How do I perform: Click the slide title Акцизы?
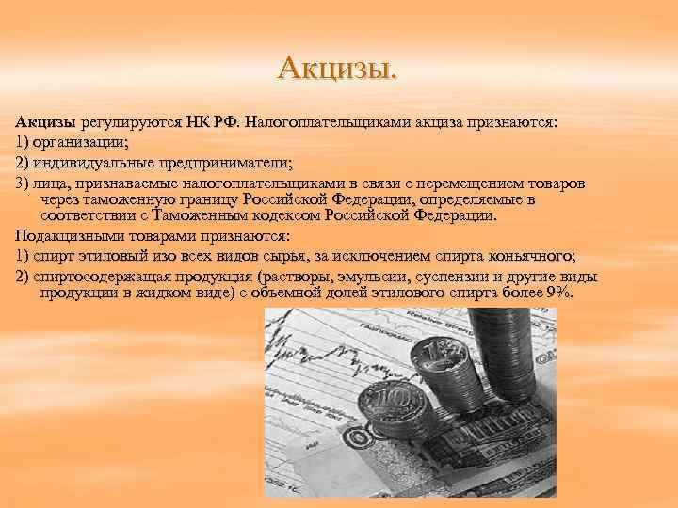(x=338, y=69)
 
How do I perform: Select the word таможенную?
(x=131, y=199)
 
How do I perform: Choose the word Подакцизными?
(x=66, y=233)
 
